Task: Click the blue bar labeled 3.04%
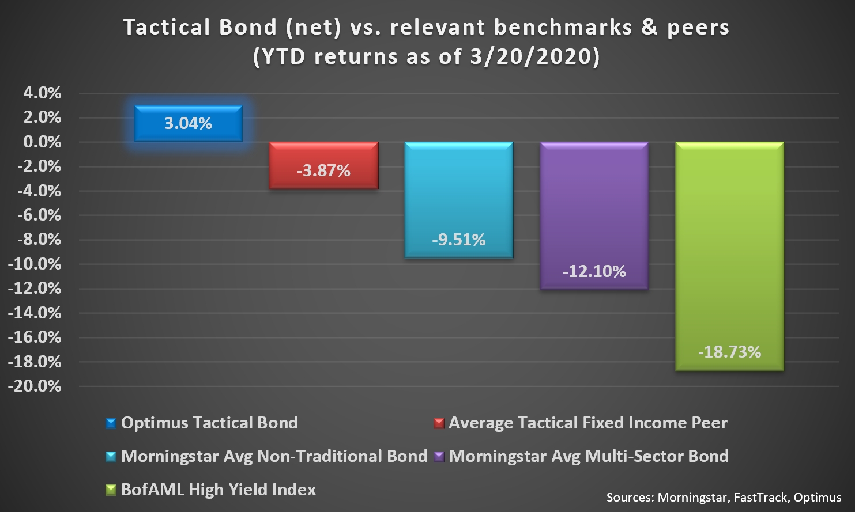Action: [x=188, y=123]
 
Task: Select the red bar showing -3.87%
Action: [x=323, y=165]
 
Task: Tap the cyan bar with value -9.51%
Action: [x=459, y=200]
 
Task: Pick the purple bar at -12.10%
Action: [x=594, y=216]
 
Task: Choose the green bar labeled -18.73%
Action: [x=729, y=256]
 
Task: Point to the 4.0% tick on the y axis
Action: [x=42, y=93]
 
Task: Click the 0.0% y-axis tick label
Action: [x=42, y=142]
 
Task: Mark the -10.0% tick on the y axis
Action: [x=35, y=264]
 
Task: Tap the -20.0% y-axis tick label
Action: [x=35, y=386]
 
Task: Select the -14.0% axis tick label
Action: [x=35, y=313]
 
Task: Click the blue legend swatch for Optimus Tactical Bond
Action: [x=111, y=423]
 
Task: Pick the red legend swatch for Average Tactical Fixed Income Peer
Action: [x=439, y=423]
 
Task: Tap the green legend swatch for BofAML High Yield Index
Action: [x=111, y=490]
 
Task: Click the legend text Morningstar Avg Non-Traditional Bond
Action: [x=274, y=456]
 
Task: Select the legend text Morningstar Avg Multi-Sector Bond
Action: [x=589, y=456]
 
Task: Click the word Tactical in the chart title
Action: [x=167, y=28]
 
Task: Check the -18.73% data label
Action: [x=729, y=352]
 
